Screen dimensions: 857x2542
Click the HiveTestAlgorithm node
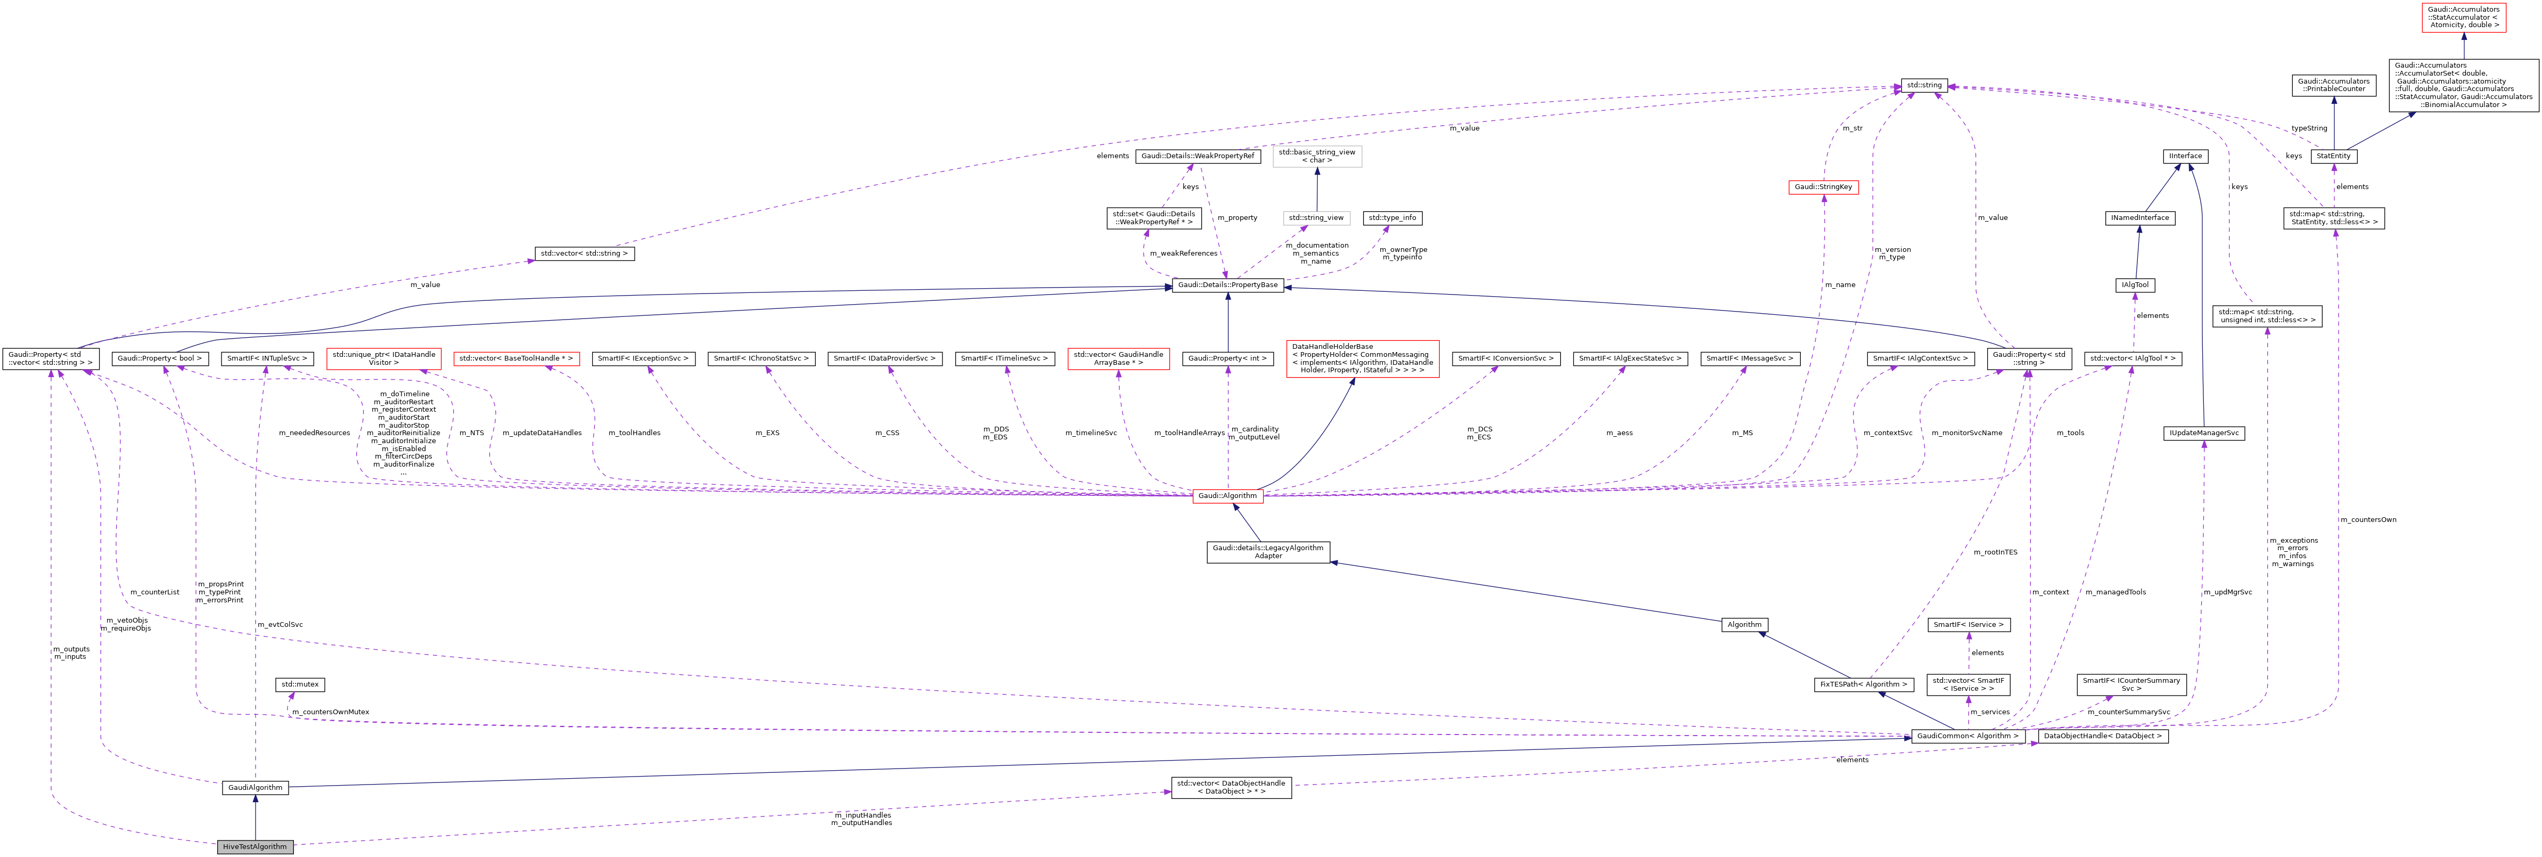255,846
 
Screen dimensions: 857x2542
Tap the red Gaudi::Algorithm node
1227,496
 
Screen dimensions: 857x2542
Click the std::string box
1923,85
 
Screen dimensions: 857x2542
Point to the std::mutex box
299,684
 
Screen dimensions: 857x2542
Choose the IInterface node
2185,156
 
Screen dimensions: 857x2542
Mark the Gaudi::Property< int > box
1227,358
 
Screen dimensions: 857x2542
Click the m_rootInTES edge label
1994,552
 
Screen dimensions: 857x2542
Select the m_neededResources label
314,432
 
